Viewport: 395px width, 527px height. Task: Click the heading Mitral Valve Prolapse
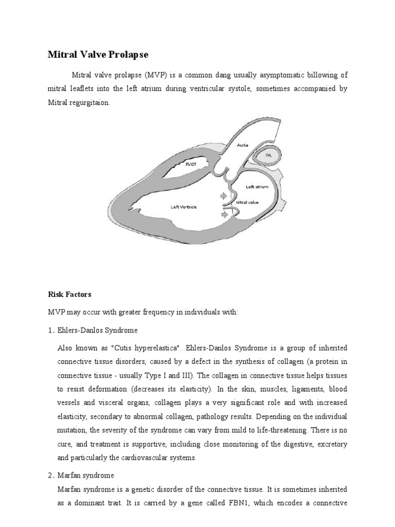(x=98, y=54)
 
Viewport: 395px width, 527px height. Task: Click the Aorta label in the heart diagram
(x=242, y=146)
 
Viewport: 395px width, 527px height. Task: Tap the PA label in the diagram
(x=268, y=155)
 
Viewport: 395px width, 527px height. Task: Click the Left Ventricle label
(x=184, y=207)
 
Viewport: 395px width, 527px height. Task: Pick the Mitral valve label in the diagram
(x=247, y=202)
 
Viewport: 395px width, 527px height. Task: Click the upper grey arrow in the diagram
(x=223, y=196)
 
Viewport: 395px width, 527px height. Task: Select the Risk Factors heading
(x=69, y=295)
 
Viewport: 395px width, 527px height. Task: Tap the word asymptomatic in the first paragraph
(x=267, y=75)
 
